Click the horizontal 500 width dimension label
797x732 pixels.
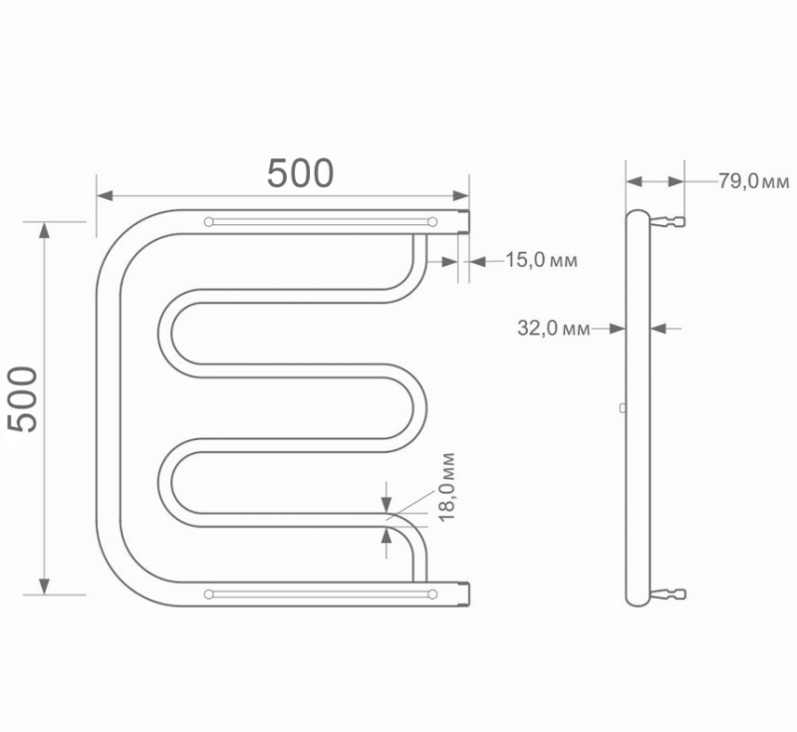(x=300, y=173)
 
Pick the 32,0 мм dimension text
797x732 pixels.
(x=554, y=327)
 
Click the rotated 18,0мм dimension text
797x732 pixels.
(x=446, y=488)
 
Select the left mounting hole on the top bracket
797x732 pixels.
(x=208, y=222)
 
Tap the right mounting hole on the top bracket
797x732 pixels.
(x=432, y=222)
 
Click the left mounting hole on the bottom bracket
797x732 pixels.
(x=208, y=595)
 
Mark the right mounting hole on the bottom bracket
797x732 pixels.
(x=432, y=595)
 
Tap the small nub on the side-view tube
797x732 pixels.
(x=623, y=406)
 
